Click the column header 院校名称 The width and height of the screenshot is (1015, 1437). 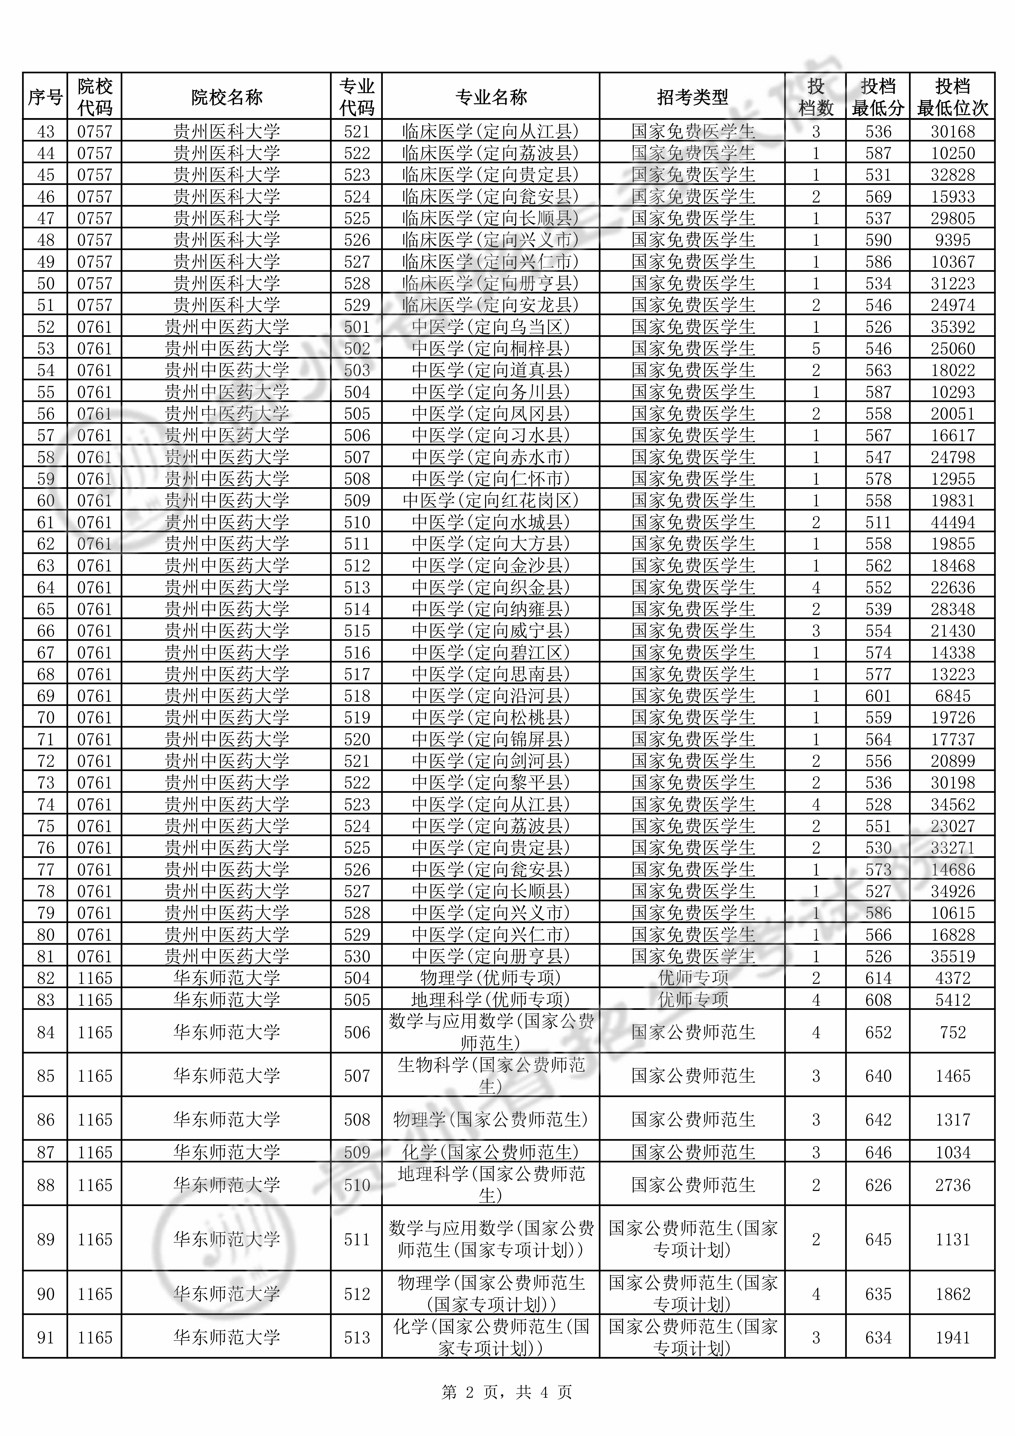point(226,97)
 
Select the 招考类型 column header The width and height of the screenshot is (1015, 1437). point(692,97)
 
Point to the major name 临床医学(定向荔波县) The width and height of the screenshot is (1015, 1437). point(490,153)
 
